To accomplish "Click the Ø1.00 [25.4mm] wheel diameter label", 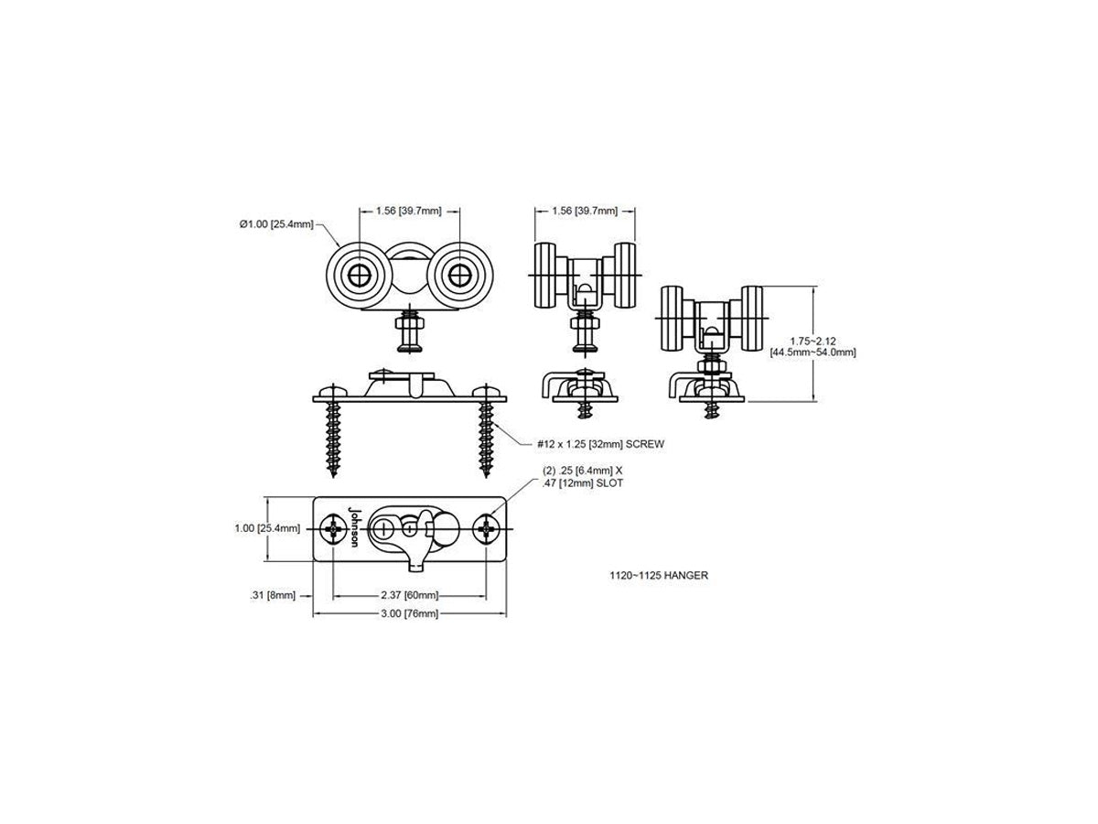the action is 276,224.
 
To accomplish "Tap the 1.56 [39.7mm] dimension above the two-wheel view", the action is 409,211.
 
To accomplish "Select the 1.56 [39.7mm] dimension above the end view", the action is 585,211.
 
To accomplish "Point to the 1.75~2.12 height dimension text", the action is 813,342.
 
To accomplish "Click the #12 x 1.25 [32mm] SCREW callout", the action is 600,444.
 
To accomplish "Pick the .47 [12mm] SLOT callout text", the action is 583,483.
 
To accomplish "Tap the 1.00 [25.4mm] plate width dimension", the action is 267,528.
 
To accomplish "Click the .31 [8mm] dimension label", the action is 273,595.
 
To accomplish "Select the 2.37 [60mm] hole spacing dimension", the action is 409,595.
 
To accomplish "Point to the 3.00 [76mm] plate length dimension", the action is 409,613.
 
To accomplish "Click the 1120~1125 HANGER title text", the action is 658,575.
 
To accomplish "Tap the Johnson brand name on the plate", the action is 353,526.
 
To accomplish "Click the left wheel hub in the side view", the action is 358,275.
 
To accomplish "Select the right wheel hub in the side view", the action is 458,275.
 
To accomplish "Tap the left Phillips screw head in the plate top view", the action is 333,529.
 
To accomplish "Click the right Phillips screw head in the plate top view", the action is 486,529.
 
